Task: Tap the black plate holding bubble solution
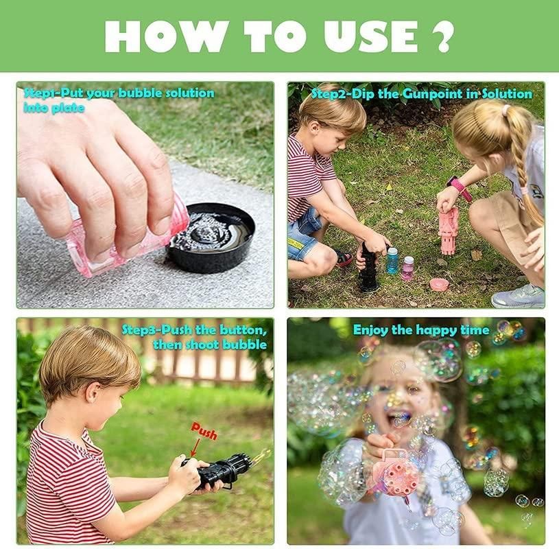pos(211,237)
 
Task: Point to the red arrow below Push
pos(194,448)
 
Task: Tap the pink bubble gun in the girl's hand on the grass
pos(448,230)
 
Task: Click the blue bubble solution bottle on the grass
pos(392,260)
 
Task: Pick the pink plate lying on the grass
pos(439,283)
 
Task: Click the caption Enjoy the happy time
pos(421,330)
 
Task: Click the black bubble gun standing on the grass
pos(368,268)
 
